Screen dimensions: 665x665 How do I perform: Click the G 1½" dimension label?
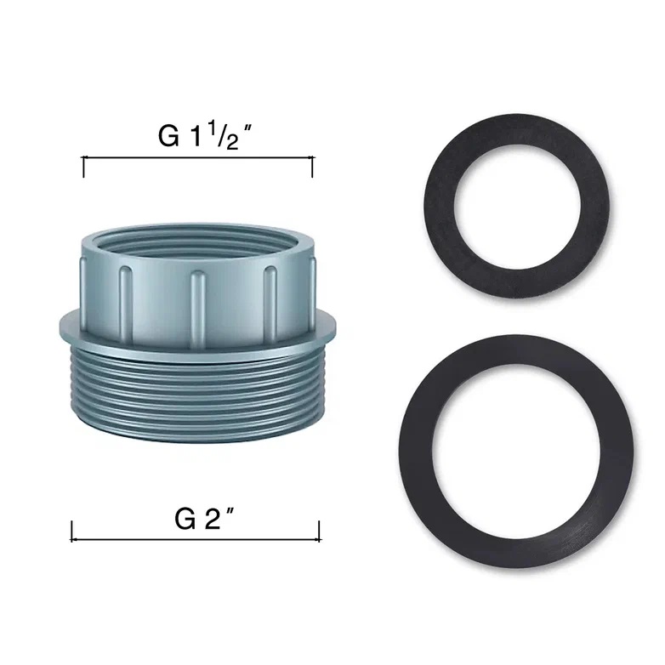point(205,136)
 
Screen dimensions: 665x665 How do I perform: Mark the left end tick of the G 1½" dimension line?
point(83,167)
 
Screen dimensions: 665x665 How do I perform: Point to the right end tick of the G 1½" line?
point(313,167)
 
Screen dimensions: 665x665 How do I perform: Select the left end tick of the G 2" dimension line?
point(71,531)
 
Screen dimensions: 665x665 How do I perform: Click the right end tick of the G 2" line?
point(320,531)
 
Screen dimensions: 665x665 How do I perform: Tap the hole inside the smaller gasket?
point(517,207)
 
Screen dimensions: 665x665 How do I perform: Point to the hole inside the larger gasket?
point(516,452)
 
